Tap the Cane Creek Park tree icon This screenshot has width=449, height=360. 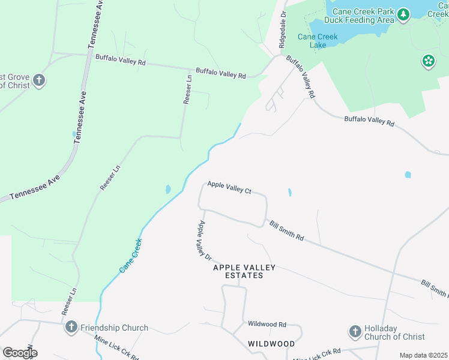click(x=403, y=14)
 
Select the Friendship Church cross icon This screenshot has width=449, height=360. click(x=71, y=327)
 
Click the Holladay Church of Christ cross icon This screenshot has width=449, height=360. click(x=354, y=331)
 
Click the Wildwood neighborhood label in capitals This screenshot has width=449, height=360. click(x=271, y=344)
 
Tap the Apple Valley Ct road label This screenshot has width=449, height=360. click(x=229, y=187)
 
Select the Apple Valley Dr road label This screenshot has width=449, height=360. click(x=205, y=240)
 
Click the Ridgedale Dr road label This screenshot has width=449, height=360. click(x=283, y=29)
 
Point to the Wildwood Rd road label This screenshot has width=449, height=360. click(x=267, y=323)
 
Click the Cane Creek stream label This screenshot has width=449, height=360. click(x=130, y=256)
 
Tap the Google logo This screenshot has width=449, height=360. click(x=20, y=353)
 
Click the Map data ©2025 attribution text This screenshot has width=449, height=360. click(x=423, y=355)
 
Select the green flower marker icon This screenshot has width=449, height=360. click(x=428, y=61)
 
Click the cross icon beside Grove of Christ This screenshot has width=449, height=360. click(x=39, y=80)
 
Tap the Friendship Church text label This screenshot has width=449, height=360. click(x=114, y=328)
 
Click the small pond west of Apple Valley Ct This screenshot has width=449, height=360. click(x=167, y=190)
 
